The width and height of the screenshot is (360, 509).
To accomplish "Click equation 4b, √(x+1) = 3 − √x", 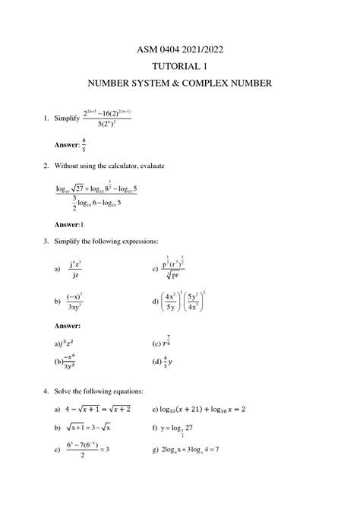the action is point(99,428).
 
